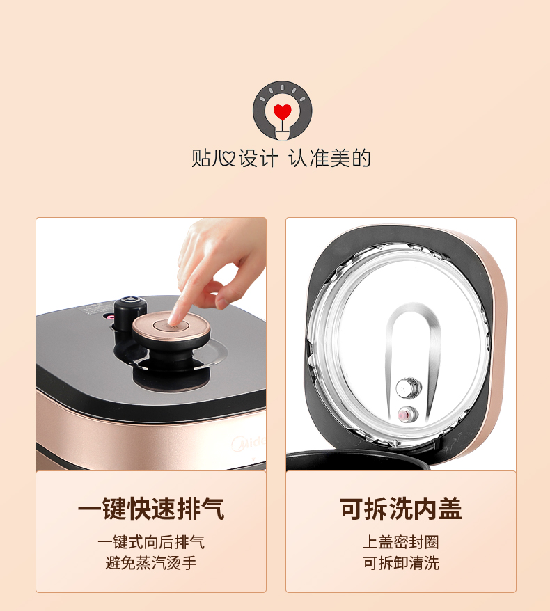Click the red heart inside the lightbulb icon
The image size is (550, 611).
coord(282,111)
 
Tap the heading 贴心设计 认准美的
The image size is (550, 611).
coord(281,158)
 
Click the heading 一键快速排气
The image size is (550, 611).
coord(151,509)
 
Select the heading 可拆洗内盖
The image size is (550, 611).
coord(401,509)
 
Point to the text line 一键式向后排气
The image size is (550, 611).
coord(151,542)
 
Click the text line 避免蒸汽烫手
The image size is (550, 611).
coord(151,563)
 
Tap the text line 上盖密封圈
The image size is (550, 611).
coord(401,542)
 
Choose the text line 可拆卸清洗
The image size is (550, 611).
coord(401,563)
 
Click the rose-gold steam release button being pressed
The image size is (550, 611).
coord(171,326)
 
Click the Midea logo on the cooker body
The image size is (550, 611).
coord(249,443)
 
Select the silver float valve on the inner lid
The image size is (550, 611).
coord(408,388)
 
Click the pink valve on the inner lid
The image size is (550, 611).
coord(408,414)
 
